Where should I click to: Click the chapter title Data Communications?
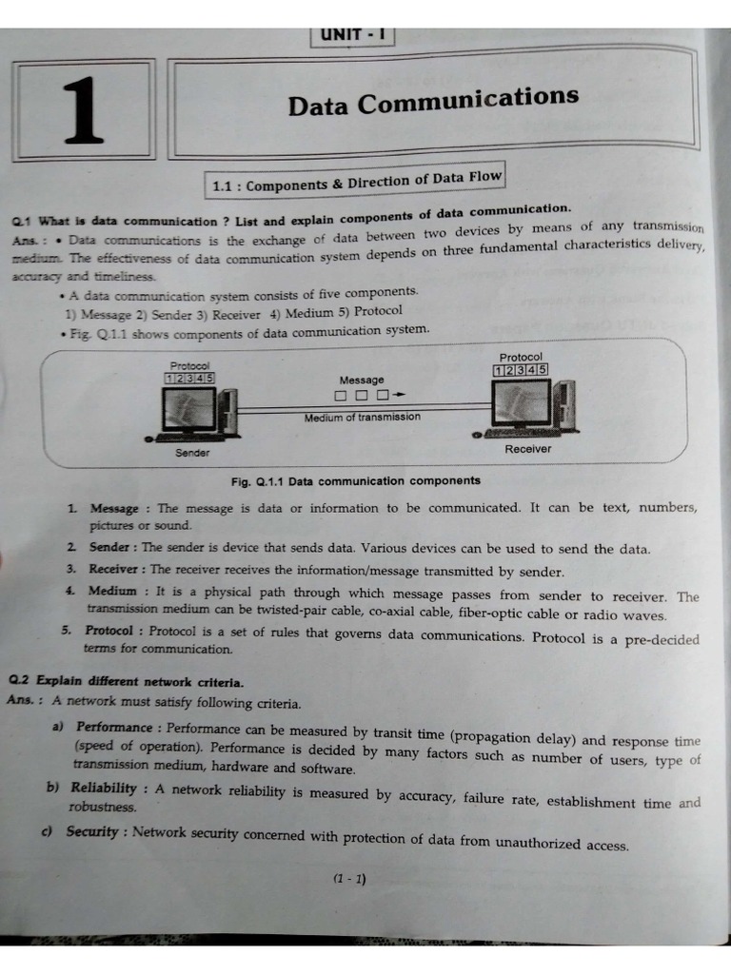tap(433, 99)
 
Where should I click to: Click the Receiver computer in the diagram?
tap(526, 405)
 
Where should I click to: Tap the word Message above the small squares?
tap(361, 380)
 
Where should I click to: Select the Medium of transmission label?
tap(362, 417)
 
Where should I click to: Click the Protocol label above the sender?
tap(190, 365)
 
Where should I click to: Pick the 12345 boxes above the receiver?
tap(521, 370)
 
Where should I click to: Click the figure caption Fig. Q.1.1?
tap(355, 481)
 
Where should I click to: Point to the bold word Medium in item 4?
tap(112, 591)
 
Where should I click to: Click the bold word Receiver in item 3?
tap(113, 570)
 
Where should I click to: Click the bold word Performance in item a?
tap(115, 728)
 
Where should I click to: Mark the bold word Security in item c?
tap(92, 832)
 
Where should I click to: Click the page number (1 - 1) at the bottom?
tap(349, 879)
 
